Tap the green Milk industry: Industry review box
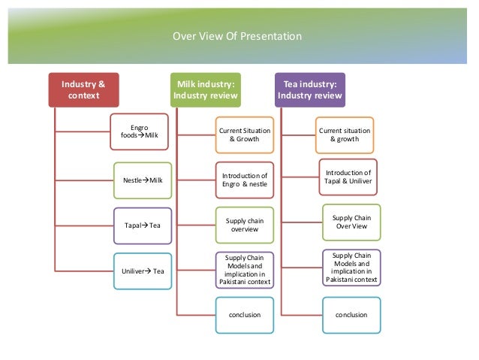[x=205, y=89]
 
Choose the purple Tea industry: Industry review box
[x=310, y=89]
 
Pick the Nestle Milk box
[x=141, y=180]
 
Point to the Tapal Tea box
[x=141, y=225]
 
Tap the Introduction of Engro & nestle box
[x=244, y=180]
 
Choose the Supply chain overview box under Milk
[x=244, y=225]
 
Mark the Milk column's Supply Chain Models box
[x=244, y=271]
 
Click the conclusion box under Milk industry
[x=244, y=314]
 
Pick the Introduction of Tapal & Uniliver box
[x=349, y=175]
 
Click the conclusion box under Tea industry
[x=349, y=314]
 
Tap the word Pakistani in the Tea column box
[x=339, y=279]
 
